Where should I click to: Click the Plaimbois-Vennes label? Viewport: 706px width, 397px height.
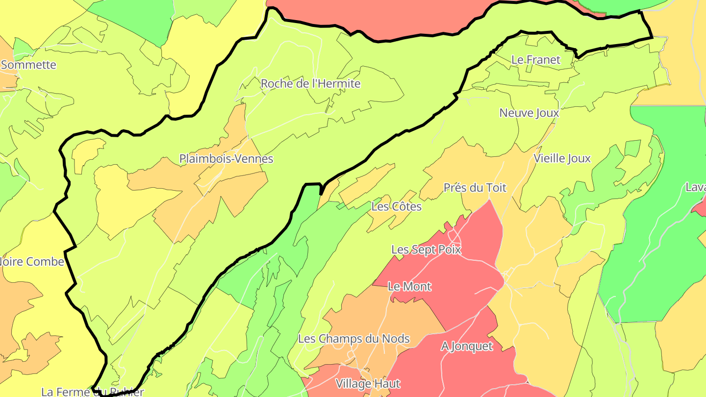[226, 159]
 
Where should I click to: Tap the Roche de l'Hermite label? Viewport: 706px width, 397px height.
[310, 84]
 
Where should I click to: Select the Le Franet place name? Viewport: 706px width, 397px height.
[535, 60]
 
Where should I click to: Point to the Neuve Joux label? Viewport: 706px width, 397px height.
[529, 113]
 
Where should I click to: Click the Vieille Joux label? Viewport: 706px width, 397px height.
[562, 159]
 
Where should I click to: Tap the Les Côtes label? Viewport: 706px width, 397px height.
[396, 206]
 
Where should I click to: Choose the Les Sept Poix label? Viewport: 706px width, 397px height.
[426, 249]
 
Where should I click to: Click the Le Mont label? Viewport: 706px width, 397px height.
[409, 286]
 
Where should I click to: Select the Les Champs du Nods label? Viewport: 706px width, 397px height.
[353, 339]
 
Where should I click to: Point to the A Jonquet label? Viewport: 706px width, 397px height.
[467, 346]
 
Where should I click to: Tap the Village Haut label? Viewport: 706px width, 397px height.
[368, 383]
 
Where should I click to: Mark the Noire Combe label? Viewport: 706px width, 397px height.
[32, 262]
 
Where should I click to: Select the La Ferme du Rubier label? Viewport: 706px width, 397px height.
[93, 392]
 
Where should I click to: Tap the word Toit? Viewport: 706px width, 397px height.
[497, 188]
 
